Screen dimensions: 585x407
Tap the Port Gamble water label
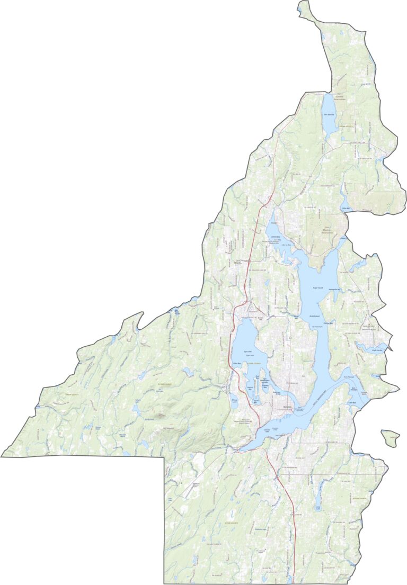(329, 115)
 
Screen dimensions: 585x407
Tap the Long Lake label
(318, 508)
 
